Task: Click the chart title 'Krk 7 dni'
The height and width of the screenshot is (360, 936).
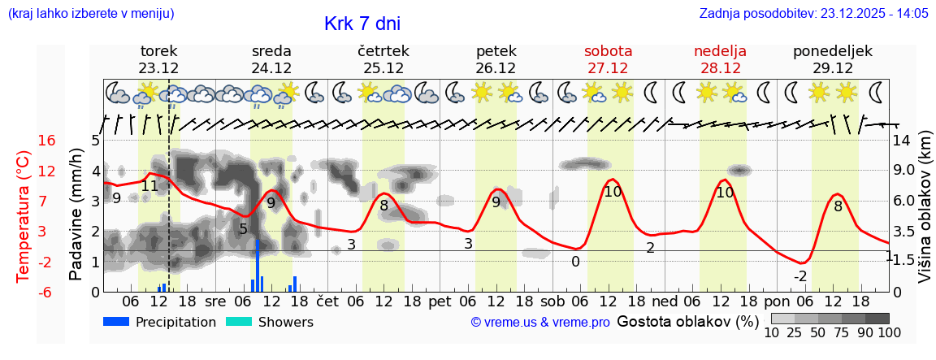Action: coord(362,24)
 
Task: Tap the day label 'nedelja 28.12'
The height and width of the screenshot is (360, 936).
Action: coord(720,59)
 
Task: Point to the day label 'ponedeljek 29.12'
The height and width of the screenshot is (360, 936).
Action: coord(833,59)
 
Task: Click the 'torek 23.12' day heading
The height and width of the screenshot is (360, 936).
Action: coord(158,59)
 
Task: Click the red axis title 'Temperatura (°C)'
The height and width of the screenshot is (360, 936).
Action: coord(24,216)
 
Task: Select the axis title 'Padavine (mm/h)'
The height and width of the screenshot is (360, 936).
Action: coord(76,215)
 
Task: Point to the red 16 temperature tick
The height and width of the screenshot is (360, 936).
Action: coord(47,141)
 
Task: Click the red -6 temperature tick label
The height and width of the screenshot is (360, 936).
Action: coord(47,292)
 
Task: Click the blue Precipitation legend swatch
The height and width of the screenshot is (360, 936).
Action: coord(116,322)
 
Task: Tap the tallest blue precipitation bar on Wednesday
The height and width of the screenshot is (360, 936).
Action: coord(258,265)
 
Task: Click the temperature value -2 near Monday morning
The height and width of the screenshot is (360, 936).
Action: coord(799,275)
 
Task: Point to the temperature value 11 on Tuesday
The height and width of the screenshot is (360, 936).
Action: coord(149,186)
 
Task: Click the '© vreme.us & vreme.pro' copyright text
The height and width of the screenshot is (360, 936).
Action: coord(540,323)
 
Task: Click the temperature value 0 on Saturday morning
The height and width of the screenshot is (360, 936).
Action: coord(575,262)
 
